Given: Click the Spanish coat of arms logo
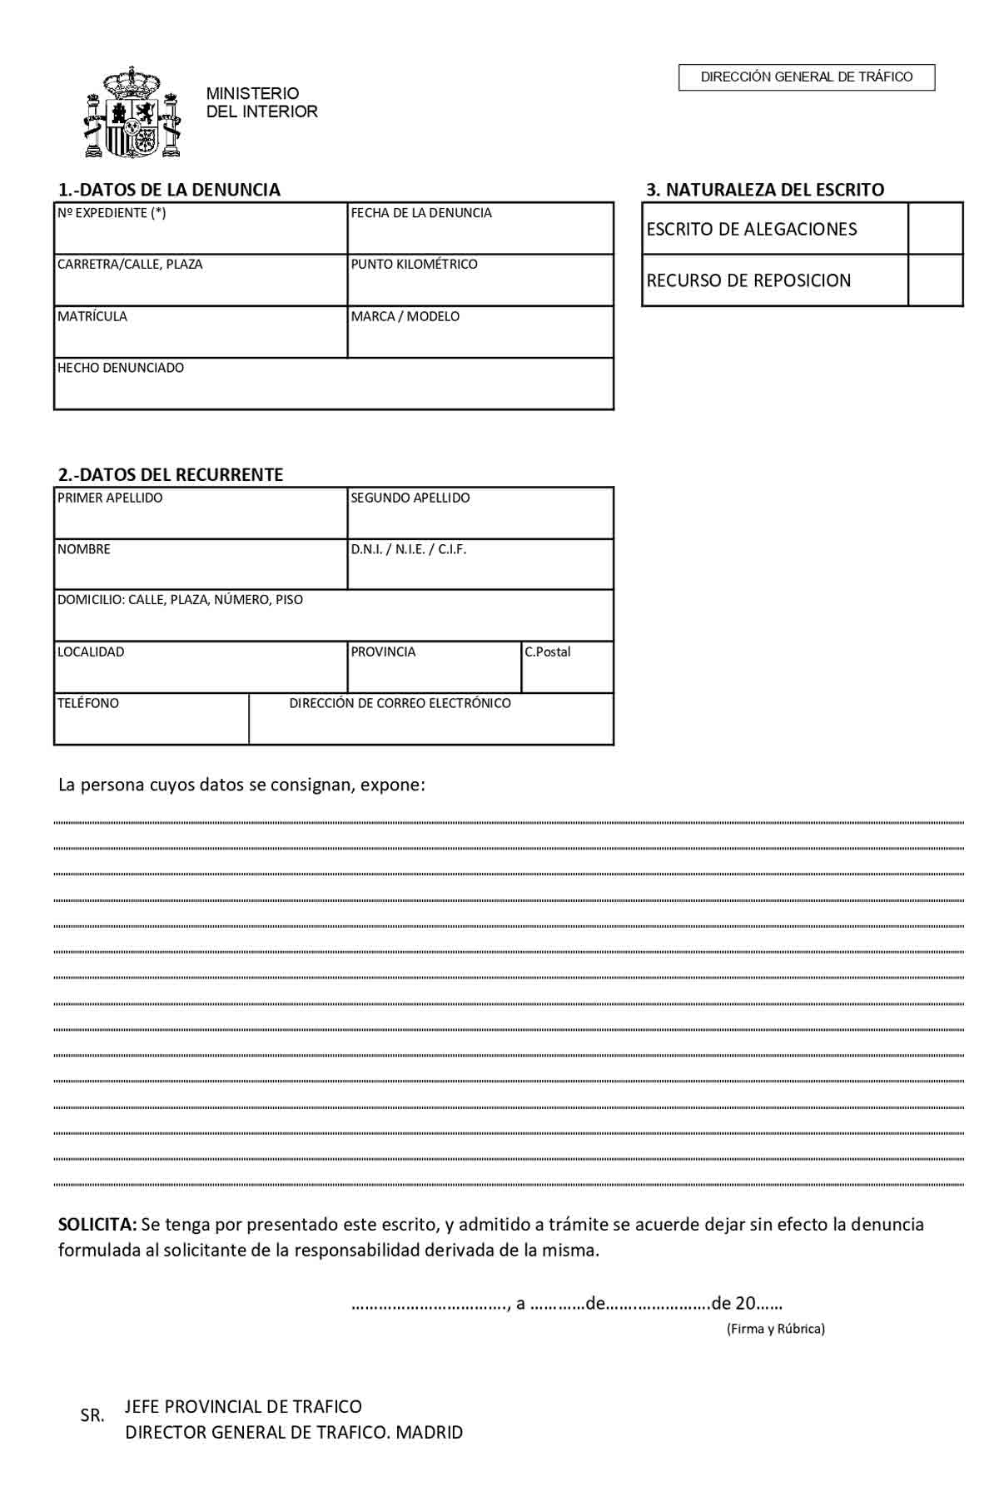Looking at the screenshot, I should tap(132, 113).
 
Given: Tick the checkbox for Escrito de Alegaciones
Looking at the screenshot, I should tap(935, 229).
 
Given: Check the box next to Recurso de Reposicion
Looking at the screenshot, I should tap(935, 280).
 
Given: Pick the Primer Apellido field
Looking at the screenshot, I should tap(201, 519).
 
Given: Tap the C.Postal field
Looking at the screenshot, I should tap(567, 673).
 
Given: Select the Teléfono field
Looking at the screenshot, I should tap(152, 724).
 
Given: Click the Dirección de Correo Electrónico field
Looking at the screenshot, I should tap(431, 726).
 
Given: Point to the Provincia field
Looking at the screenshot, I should tap(434, 673).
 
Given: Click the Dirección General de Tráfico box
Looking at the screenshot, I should tap(807, 77).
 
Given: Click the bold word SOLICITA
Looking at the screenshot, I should tap(97, 1224).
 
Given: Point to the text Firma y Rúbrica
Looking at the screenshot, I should tap(776, 1329).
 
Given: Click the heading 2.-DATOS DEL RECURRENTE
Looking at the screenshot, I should tap(171, 474).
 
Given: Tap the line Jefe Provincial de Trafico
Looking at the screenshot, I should tap(243, 1406).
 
